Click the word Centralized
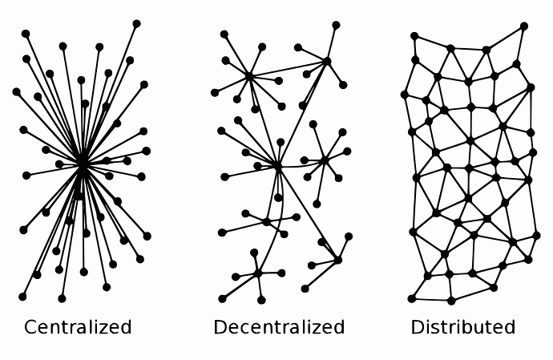pos(78,327)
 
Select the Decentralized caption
pos(279,327)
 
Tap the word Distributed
pos(463,327)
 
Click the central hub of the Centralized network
pos(83,165)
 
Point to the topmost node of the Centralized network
pos(137,23)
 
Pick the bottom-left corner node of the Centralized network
pos(22,297)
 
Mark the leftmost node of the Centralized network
pos(16,91)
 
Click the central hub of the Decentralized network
pos(278,166)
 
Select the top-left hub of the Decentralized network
pos(249,76)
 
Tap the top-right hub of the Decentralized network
pos(327,61)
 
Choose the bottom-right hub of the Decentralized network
pos(337,260)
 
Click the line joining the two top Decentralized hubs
pos(289,68)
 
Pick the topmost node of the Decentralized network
pos(336,25)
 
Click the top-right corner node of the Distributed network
pos(524,26)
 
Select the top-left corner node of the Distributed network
pos(414,36)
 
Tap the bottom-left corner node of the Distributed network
pos(412,298)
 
